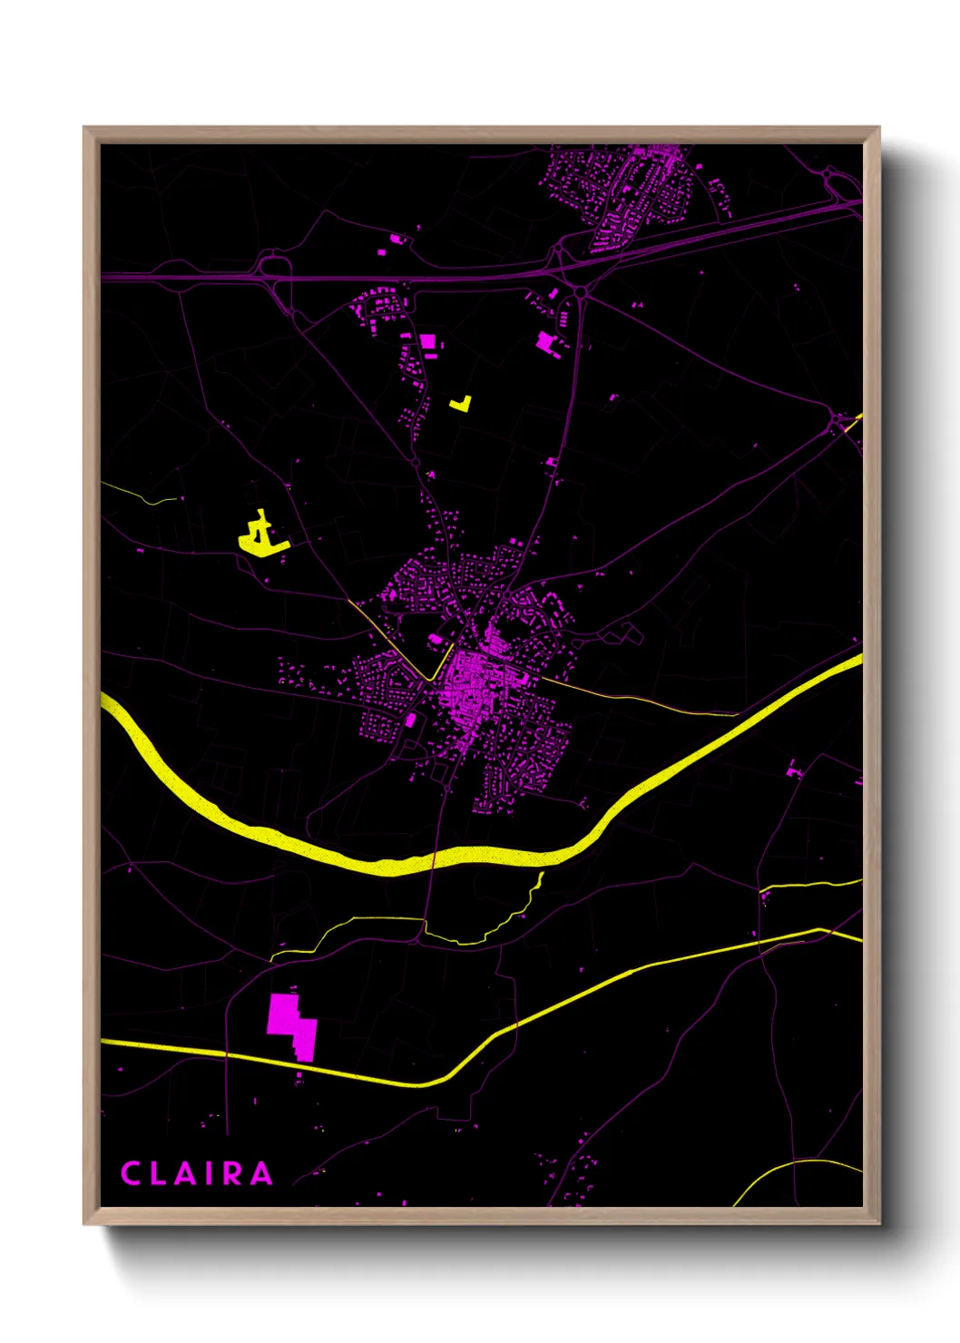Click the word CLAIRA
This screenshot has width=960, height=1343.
197,1173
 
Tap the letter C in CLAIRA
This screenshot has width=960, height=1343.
131,1173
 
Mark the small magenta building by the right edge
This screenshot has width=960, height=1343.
794,772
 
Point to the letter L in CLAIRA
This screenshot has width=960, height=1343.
158,1173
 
